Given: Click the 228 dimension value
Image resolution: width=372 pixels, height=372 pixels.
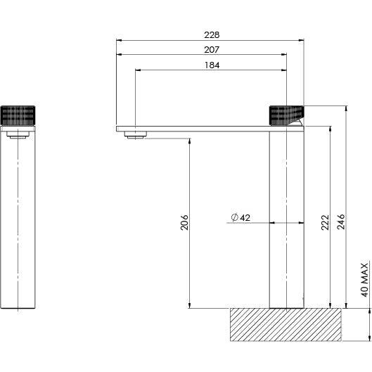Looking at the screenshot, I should click(x=212, y=34).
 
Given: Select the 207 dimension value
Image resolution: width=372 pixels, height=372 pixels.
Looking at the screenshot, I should click(x=212, y=49).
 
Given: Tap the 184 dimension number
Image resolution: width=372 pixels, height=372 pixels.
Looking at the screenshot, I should click(x=212, y=65).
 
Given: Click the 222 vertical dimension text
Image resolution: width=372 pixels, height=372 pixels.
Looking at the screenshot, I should click(x=325, y=223).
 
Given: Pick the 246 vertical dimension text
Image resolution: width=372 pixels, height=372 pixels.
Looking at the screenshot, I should click(x=342, y=223).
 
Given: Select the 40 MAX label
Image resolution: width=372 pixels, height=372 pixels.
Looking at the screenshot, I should click(x=364, y=279).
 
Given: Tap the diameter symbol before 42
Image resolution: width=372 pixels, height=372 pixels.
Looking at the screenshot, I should click(x=233, y=218).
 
